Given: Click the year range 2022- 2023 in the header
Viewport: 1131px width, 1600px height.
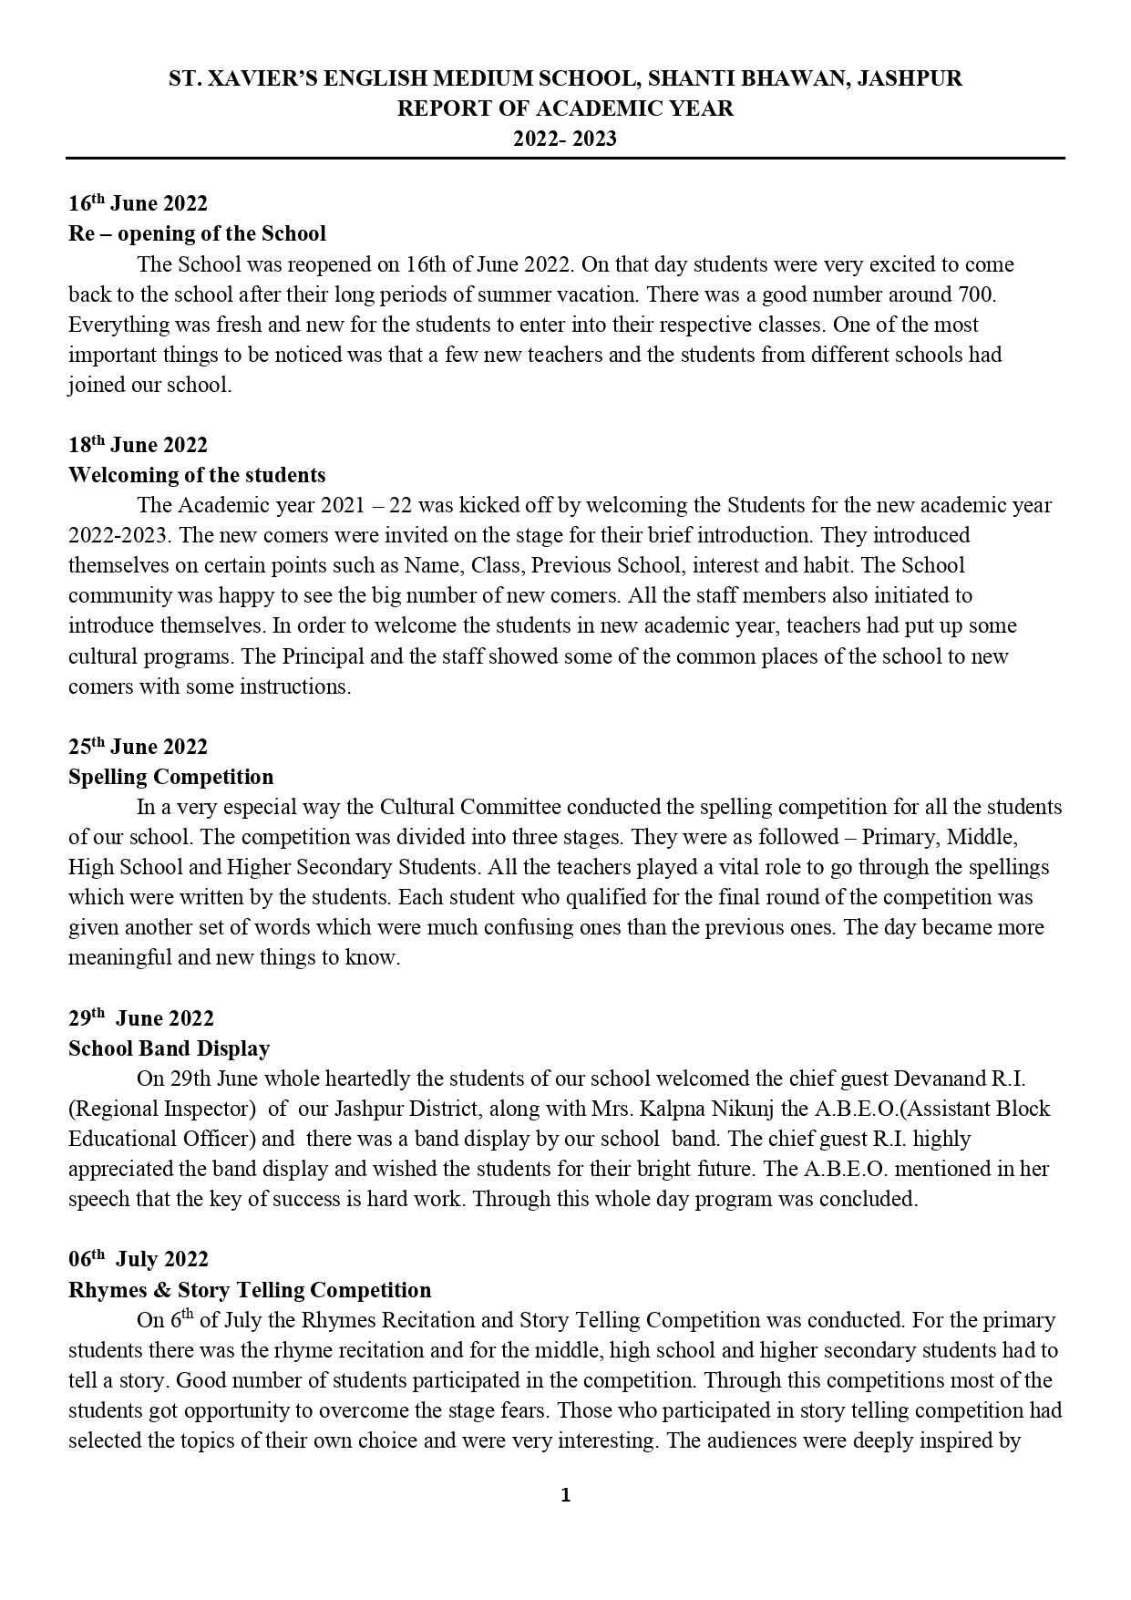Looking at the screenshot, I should click(564, 139).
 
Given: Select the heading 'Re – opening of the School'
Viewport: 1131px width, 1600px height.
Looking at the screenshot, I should click(197, 233).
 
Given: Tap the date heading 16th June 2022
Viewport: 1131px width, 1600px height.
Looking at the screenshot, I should click(138, 203).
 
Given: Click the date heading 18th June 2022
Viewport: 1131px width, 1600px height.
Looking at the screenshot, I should click(138, 445).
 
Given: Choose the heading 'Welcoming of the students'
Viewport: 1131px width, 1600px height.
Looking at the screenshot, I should click(197, 475).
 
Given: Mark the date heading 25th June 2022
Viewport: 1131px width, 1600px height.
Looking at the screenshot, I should click(138, 747).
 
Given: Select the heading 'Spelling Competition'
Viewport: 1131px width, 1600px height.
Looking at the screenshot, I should click(170, 777).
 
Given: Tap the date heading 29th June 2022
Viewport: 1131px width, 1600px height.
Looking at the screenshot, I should click(140, 1018).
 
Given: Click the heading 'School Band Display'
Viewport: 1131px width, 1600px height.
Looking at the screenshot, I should click(169, 1048).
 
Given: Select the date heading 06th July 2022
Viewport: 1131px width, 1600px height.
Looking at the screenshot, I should click(138, 1259).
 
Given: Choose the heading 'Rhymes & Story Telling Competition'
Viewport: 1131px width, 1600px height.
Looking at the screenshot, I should click(250, 1290).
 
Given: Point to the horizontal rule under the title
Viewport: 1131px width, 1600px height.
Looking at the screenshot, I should click(565, 159).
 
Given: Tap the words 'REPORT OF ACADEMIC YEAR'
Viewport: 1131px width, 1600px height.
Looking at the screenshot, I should click(565, 108).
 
